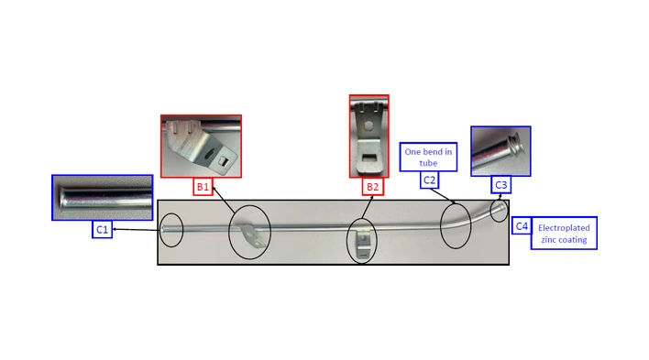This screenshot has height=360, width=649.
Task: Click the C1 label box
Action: [x=102, y=229]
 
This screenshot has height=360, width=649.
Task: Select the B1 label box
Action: [x=203, y=187]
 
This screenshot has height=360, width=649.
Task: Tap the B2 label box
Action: [x=372, y=187]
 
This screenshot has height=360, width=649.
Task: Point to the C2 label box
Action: [x=429, y=180]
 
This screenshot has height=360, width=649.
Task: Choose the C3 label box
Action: [x=500, y=184]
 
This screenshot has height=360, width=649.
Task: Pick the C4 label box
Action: [x=522, y=226]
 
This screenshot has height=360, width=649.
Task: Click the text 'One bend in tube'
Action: [x=428, y=158]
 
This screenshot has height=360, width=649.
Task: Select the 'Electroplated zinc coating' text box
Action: [x=564, y=234]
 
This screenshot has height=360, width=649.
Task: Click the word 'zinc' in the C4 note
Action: [x=549, y=240]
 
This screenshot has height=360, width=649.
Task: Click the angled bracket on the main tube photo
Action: [x=252, y=235]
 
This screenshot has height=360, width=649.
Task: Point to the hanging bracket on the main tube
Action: [x=362, y=245]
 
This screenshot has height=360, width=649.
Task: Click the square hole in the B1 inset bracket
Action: [x=223, y=162]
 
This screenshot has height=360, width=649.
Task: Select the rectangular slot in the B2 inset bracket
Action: [x=368, y=158]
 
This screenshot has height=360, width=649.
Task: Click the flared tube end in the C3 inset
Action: [x=519, y=143]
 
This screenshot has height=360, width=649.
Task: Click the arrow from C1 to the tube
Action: [x=137, y=229]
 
